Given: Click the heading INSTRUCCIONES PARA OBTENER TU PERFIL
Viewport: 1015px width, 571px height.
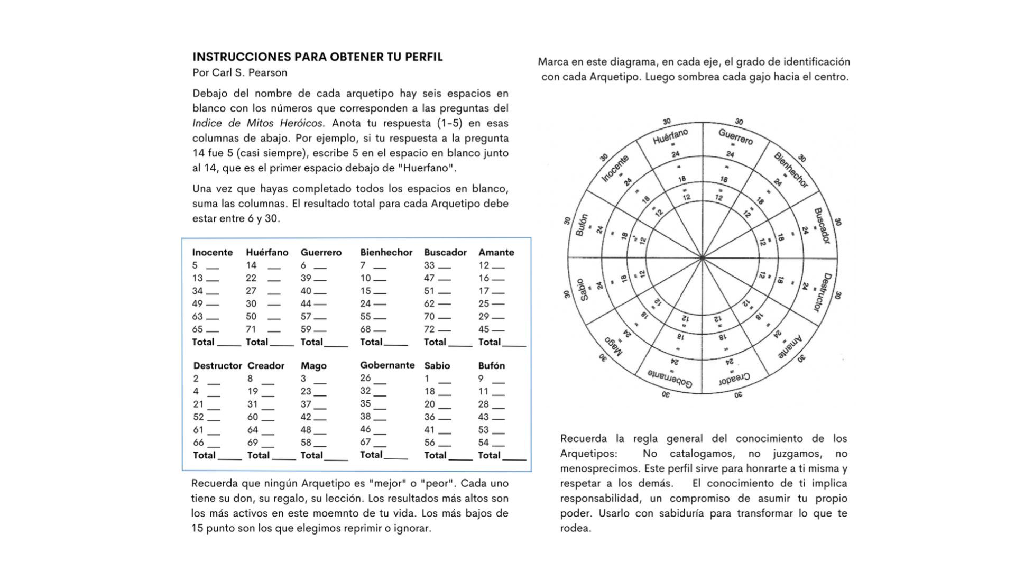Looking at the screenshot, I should point(317,57).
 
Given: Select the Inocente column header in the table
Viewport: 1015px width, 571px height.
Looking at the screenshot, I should point(212,253).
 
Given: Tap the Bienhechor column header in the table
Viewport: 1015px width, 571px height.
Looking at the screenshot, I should point(386,253).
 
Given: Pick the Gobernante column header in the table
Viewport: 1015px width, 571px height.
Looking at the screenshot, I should point(387,365).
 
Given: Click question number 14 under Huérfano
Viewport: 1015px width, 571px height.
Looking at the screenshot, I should point(251,265).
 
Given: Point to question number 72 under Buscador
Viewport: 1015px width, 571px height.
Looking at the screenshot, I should point(429,329).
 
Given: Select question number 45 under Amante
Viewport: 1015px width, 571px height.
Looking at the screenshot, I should point(484,329).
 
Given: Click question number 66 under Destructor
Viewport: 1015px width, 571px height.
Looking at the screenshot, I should point(198,443).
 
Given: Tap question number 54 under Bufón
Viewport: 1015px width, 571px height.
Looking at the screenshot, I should point(483,443).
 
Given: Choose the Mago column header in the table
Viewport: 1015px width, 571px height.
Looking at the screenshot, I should point(313,366).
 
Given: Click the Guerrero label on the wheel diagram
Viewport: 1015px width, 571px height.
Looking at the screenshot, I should point(735,136).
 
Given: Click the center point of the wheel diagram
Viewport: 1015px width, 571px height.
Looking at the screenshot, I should point(702,258).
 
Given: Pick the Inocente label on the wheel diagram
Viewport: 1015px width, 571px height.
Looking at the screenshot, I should point(615,169).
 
